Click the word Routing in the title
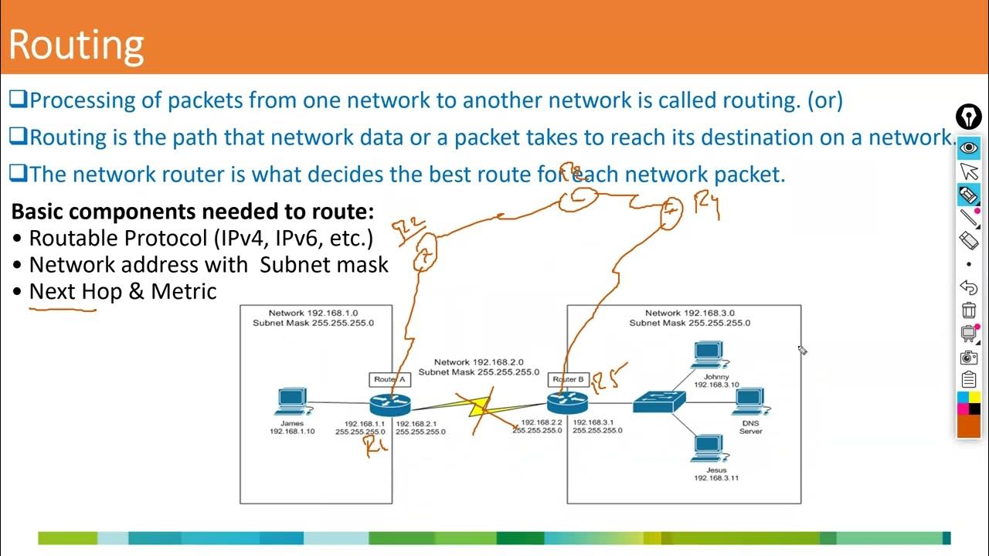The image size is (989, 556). [76, 45]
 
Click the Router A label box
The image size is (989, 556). [389, 379]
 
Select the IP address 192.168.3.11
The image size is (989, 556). [715, 478]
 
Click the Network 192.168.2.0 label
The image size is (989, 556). [478, 361]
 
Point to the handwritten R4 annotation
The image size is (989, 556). [707, 207]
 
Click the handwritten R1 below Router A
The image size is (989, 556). [376, 446]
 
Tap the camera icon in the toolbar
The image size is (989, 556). [968, 357]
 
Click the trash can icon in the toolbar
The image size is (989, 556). [968, 310]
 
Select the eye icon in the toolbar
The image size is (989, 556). [968, 147]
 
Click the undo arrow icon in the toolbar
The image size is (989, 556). [968, 287]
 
